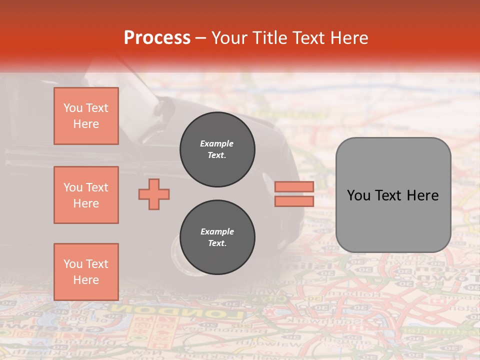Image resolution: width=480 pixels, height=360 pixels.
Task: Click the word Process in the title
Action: (157, 38)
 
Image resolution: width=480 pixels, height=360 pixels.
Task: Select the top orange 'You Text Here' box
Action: (86, 116)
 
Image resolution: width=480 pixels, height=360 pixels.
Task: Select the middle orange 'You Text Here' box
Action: (86, 195)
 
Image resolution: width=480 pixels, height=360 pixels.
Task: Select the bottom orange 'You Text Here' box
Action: (86, 271)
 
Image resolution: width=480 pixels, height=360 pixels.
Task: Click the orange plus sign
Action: (154, 193)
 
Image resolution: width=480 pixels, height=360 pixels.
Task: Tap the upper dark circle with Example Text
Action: (217, 149)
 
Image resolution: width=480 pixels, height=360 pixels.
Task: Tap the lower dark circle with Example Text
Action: (217, 237)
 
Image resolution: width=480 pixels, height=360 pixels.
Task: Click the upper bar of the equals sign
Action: (294, 186)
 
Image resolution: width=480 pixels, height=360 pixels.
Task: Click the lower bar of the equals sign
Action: (294, 201)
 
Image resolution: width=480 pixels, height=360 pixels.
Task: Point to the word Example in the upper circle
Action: (217, 144)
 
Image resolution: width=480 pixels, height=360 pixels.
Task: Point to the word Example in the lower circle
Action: (217, 232)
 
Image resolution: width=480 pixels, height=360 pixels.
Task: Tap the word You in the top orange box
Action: (72, 108)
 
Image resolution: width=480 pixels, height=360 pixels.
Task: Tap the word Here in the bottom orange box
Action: (86, 280)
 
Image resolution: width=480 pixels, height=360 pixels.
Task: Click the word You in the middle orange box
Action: (72, 187)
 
